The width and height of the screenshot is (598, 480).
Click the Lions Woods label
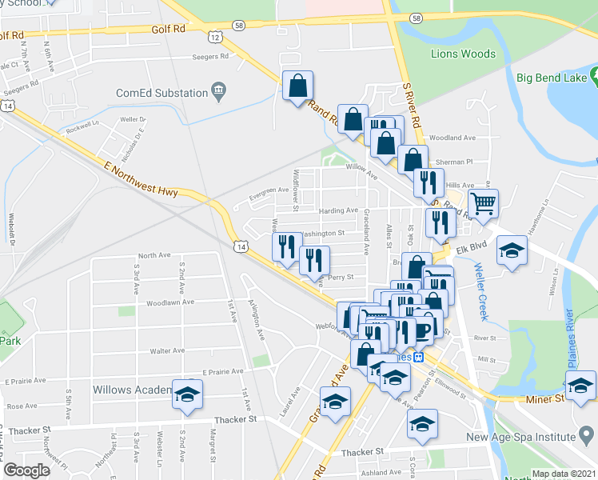463,54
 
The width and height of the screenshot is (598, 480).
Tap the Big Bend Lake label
552,78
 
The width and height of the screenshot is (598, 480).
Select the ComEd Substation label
162,92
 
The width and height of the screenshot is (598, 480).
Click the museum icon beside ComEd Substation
217,92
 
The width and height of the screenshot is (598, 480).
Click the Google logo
27,470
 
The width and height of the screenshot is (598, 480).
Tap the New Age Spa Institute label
532,437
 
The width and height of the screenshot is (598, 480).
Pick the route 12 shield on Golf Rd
213,36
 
